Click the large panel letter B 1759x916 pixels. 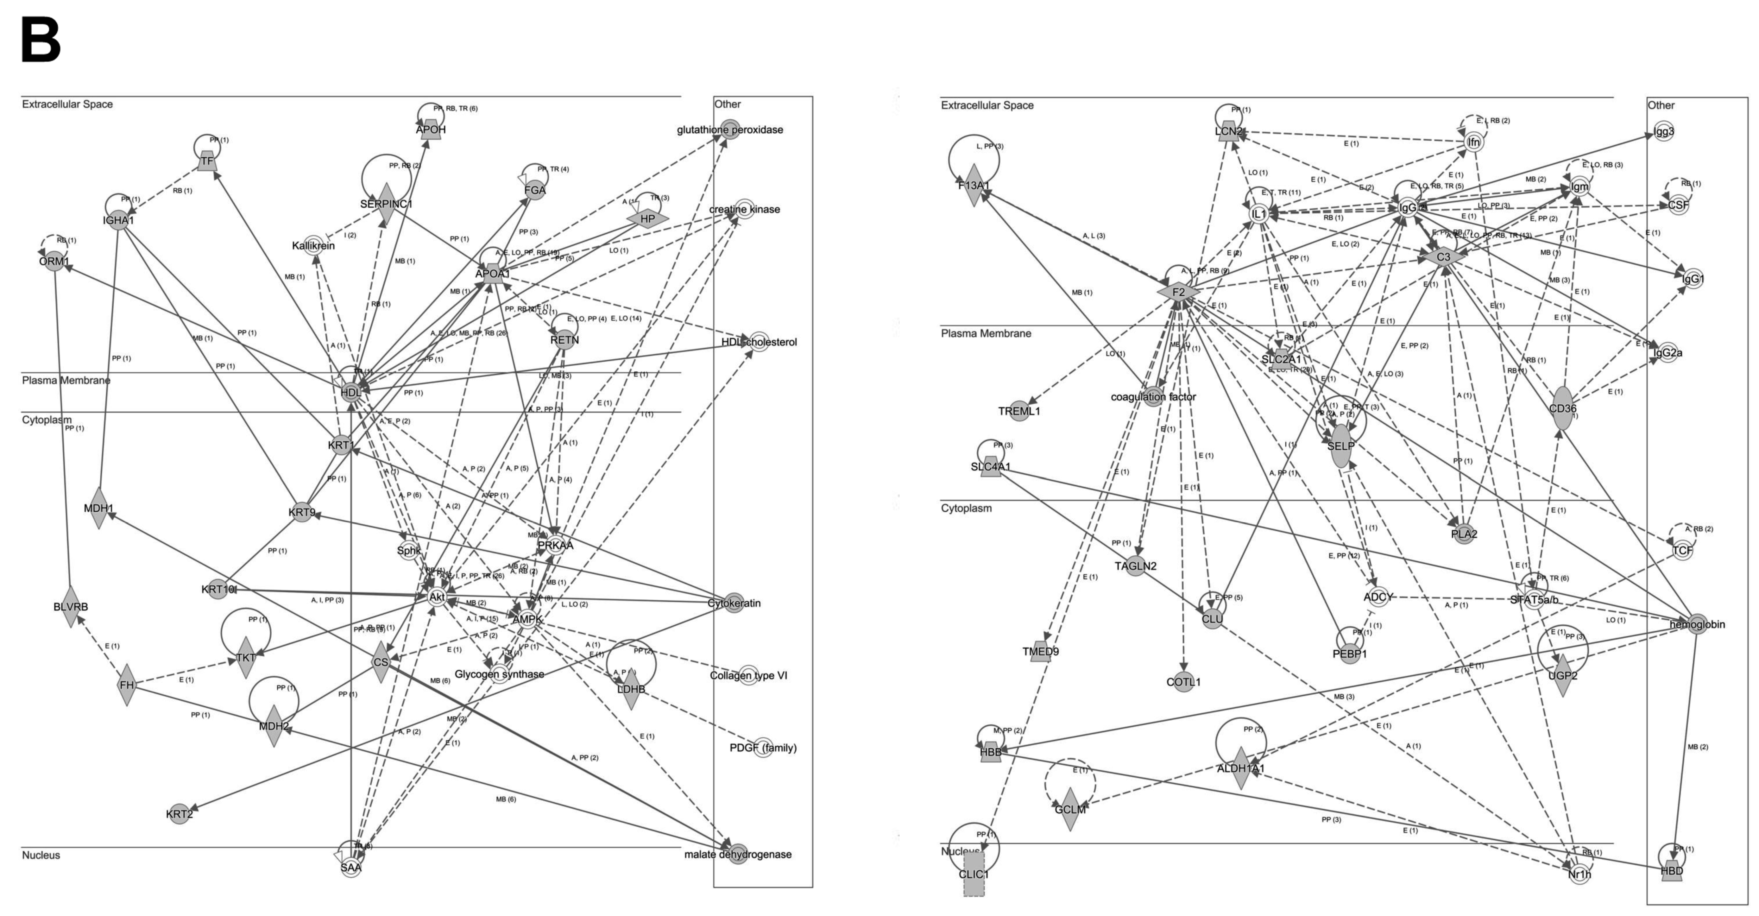click(x=41, y=41)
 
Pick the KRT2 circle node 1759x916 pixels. click(x=179, y=813)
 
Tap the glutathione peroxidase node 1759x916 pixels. click(x=730, y=130)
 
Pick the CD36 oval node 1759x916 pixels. click(x=1562, y=408)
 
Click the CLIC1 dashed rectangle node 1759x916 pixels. click(x=974, y=874)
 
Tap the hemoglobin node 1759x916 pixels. click(x=1697, y=624)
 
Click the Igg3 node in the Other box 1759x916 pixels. click(x=1664, y=131)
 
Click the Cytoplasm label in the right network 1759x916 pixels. click(x=966, y=508)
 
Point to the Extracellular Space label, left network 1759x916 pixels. click(x=67, y=104)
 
